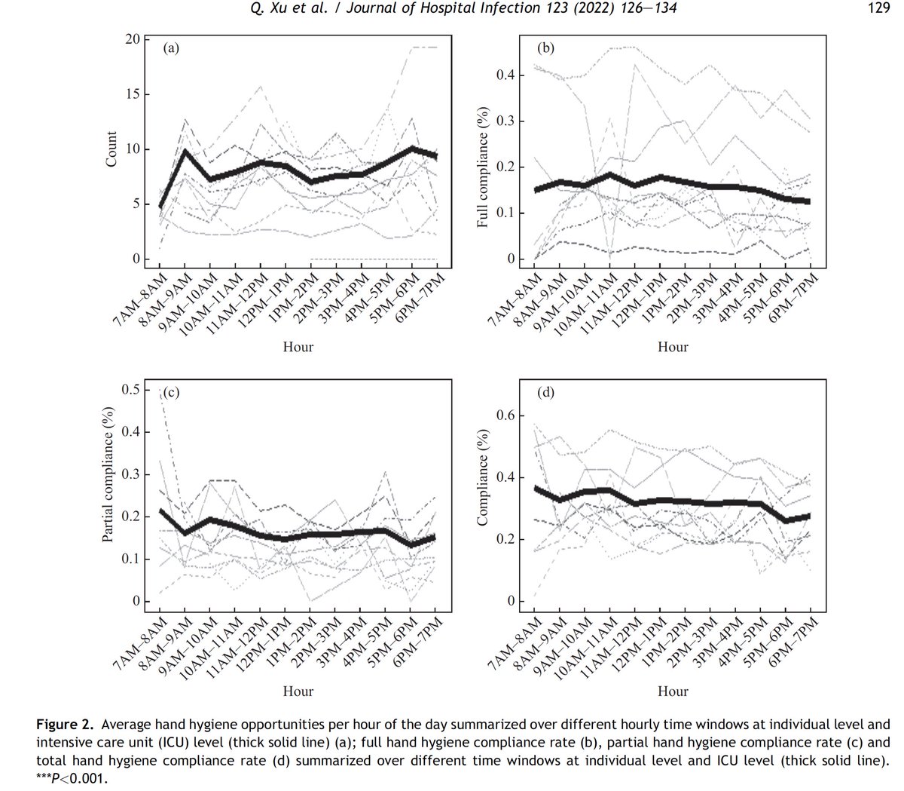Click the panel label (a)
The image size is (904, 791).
click(x=172, y=49)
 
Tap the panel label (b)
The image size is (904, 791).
click(x=545, y=49)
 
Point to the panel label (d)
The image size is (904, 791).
click(x=545, y=392)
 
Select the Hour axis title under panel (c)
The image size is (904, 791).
click(x=298, y=691)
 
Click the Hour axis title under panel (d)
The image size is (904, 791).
click(x=673, y=691)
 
